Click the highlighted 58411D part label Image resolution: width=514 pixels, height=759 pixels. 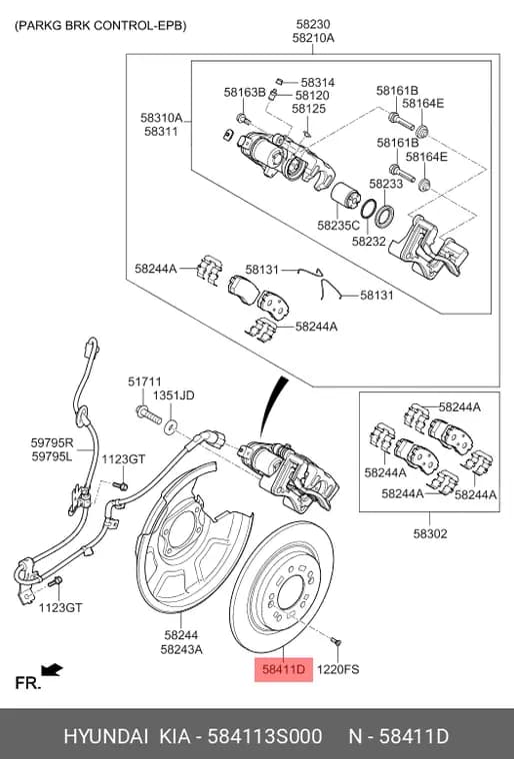coord(284,669)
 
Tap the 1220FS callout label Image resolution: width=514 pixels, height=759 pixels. coord(338,669)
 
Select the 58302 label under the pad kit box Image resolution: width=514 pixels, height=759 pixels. coord(430,534)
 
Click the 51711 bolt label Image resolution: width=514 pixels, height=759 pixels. coord(145,381)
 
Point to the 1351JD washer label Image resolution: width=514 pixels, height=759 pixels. coord(174,395)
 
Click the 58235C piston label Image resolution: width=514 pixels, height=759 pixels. coord(338,225)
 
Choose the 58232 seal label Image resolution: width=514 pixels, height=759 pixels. coord(369,241)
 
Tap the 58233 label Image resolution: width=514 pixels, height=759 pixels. coord(386,184)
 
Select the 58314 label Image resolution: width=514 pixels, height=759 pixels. coord(318,83)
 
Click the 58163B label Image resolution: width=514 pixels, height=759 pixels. coord(244,92)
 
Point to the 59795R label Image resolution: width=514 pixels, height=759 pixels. coord(52,442)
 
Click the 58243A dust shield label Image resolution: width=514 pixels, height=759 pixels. coord(181,649)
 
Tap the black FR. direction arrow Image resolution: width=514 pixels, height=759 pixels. coord(52,670)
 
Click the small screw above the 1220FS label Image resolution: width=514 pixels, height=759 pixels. coord(336,641)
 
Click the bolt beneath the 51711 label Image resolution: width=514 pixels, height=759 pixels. coord(148,414)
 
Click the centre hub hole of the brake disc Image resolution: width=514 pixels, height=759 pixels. coord(290,593)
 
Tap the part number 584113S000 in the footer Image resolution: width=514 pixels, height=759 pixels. coord(264,736)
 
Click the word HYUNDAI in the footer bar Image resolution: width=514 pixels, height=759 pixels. coord(106,736)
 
